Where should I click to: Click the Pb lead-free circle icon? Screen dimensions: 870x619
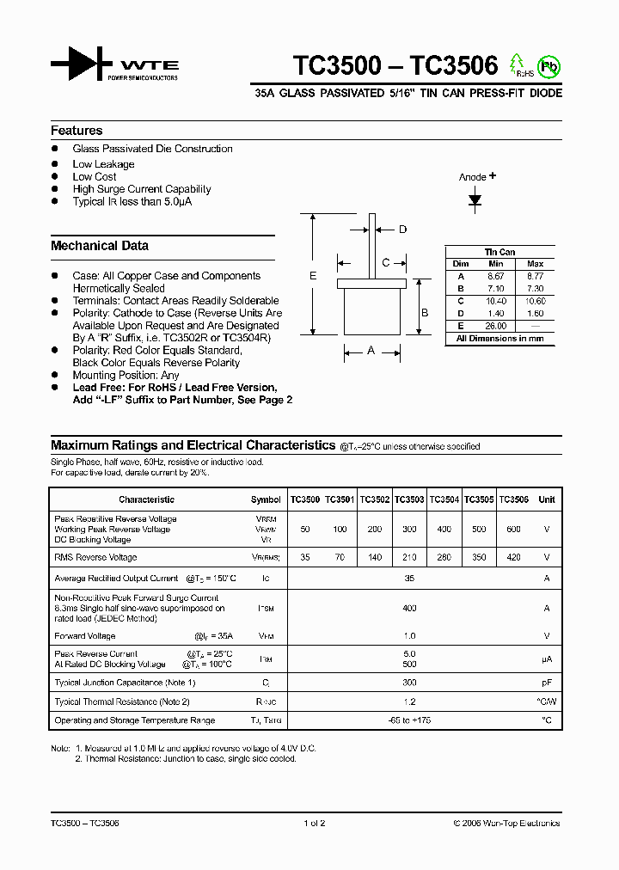tap(547, 65)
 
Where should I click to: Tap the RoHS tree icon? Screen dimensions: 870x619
tap(518, 64)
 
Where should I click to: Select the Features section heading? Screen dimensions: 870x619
tap(77, 131)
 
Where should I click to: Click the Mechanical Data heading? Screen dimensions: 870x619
tap(100, 246)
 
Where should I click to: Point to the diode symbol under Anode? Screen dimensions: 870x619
tap(475, 200)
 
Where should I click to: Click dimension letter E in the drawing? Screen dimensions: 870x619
tap(313, 275)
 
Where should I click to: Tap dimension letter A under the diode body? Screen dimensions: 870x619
tap(371, 350)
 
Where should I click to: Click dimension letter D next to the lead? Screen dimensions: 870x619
tap(402, 229)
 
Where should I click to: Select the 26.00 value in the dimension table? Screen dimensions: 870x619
tap(495, 326)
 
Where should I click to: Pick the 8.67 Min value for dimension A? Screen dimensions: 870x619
tap(495, 276)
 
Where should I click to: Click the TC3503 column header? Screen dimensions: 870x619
tap(409, 499)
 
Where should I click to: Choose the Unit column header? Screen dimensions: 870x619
tap(546, 499)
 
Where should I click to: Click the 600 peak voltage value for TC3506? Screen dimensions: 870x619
tap(513, 530)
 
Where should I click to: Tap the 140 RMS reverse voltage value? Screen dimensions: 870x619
tap(375, 558)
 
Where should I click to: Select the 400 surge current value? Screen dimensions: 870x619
tap(409, 609)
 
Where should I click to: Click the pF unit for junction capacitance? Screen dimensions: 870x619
tap(546, 683)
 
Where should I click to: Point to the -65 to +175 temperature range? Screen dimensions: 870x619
tap(409, 720)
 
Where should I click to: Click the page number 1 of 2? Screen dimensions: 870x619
tap(315, 823)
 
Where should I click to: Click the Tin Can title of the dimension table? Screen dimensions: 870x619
tap(500, 252)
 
